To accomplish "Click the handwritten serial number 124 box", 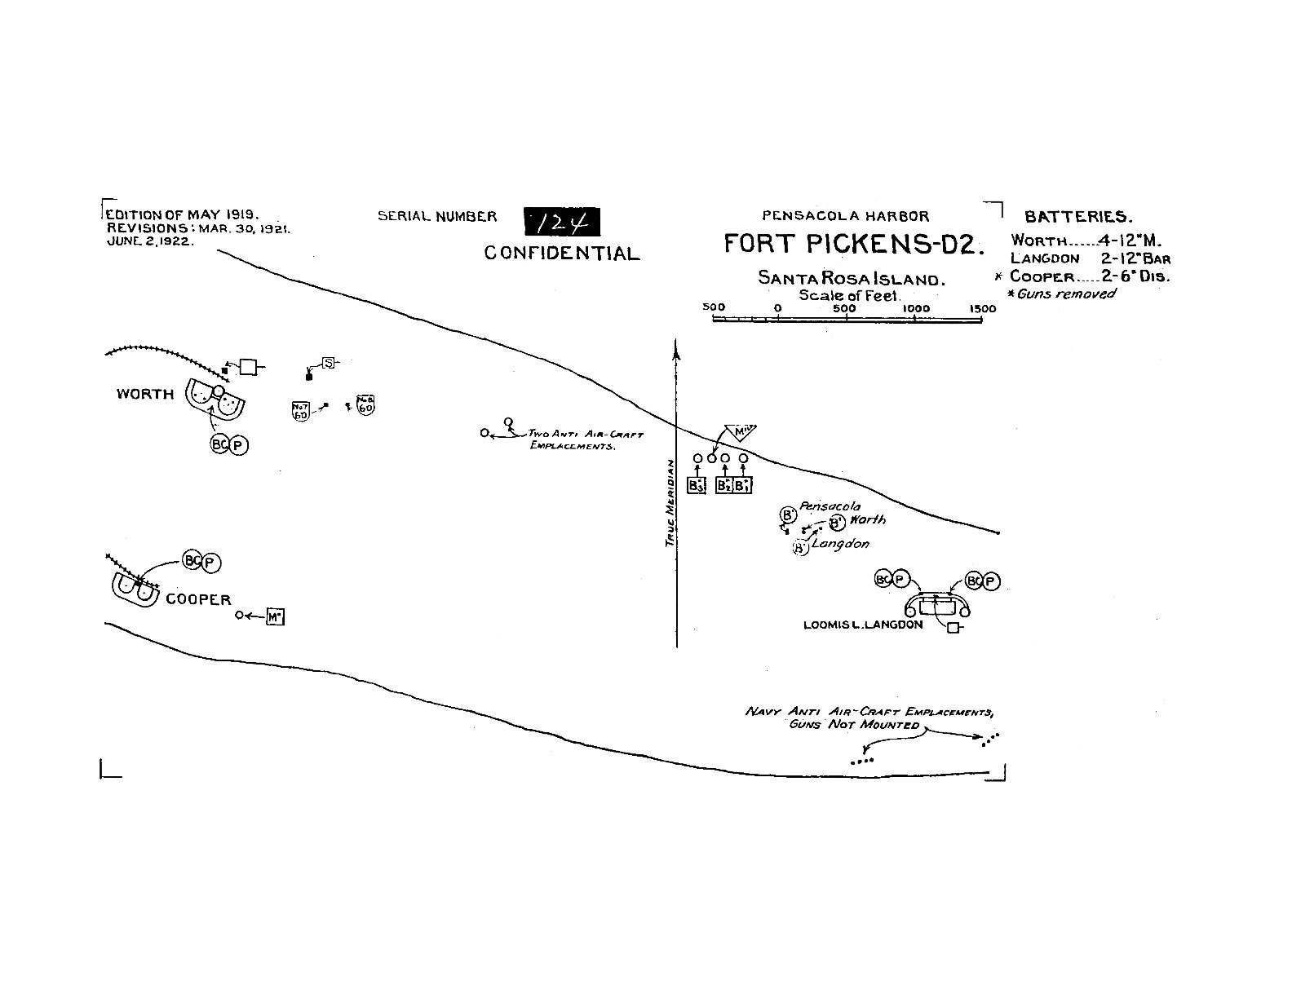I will pyautogui.click(x=561, y=222).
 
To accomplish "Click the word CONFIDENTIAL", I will pyautogui.click(x=562, y=254).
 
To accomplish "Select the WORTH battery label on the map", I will pyautogui.click(x=145, y=395).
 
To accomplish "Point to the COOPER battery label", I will pyautogui.click(x=198, y=599).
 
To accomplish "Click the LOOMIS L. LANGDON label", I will pyautogui.click(x=863, y=625).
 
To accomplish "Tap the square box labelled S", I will pyautogui.click(x=328, y=362).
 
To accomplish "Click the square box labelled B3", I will pyautogui.click(x=696, y=485).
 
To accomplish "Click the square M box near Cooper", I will pyautogui.click(x=275, y=617).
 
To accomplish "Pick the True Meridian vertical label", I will pyautogui.click(x=668, y=502).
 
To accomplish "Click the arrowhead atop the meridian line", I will pyautogui.click(x=676, y=350).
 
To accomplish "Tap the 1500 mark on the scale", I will pyautogui.click(x=983, y=309).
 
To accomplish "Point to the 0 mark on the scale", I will pyautogui.click(x=778, y=308).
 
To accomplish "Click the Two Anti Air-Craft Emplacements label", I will pyautogui.click(x=585, y=440).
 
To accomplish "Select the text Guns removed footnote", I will pyautogui.click(x=1065, y=294).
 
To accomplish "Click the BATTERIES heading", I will pyautogui.click(x=1077, y=217).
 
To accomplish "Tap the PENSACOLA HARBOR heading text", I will pyautogui.click(x=845, y=216).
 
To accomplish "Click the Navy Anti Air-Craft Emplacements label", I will pyautogui.click(x=869, y=718).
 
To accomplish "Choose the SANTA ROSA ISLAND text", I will pyautogui.click(x=851, y=278).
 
